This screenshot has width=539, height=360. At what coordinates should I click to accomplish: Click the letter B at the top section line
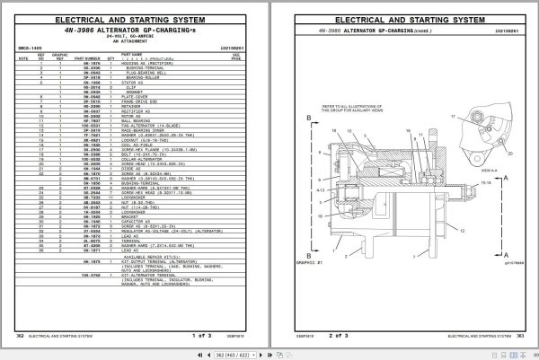coord(310,116)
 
